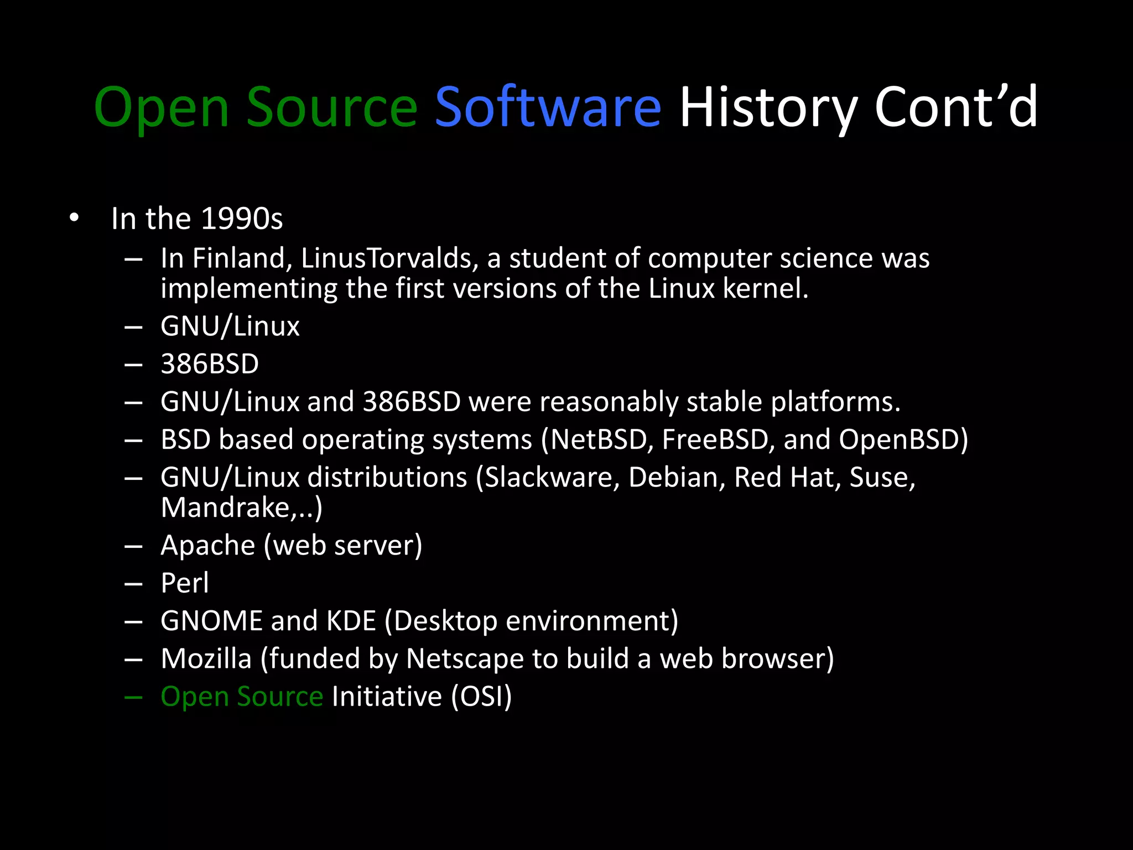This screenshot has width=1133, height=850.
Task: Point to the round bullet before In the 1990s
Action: point(75,217)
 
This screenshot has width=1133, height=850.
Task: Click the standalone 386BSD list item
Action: point(210,364)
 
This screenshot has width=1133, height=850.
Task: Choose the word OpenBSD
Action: point(901,439)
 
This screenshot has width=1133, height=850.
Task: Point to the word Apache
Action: point(208,546)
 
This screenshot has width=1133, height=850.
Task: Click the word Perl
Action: point(185,583)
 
